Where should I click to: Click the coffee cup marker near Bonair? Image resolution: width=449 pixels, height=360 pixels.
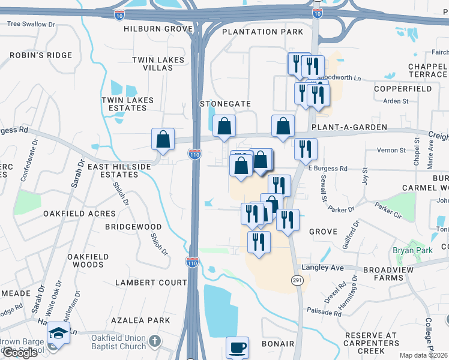coord(237,347)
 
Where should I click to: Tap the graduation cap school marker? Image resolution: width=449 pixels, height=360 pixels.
coord(58,333)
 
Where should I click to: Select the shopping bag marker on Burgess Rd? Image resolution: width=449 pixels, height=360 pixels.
coord(163,139)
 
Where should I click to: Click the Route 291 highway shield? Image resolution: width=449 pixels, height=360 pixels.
coord(298,280)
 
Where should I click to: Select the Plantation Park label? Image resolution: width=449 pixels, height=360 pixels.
coord(262,31)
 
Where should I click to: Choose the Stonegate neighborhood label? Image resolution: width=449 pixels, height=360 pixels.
coord(225,104)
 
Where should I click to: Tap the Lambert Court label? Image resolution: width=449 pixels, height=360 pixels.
coord(143,282)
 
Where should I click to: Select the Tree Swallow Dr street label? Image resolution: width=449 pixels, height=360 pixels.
coord(31,25)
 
